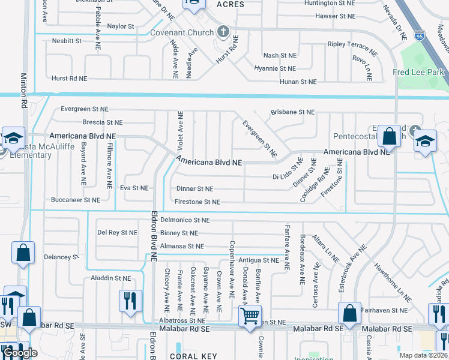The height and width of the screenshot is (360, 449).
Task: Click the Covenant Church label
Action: pyautogui.click(x=182, y=32)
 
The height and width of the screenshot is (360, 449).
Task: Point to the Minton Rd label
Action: pyautogui.click(x=24, y=91)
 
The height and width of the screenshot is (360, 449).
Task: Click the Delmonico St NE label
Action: pyautogui.click(x=184, y=220)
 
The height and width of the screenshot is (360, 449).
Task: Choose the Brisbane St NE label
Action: pyautogui.click(x=292, y=112)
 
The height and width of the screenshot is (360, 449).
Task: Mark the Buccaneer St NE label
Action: pyautogui.click(x=76, y=200)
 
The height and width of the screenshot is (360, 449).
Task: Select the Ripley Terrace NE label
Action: pyautogui.click(x=352, y=44)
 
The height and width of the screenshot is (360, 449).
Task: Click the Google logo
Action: pyautogui.click(x=20, y=353)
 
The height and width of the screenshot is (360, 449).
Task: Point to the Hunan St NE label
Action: pyautogui.click(x=293, y=82)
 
